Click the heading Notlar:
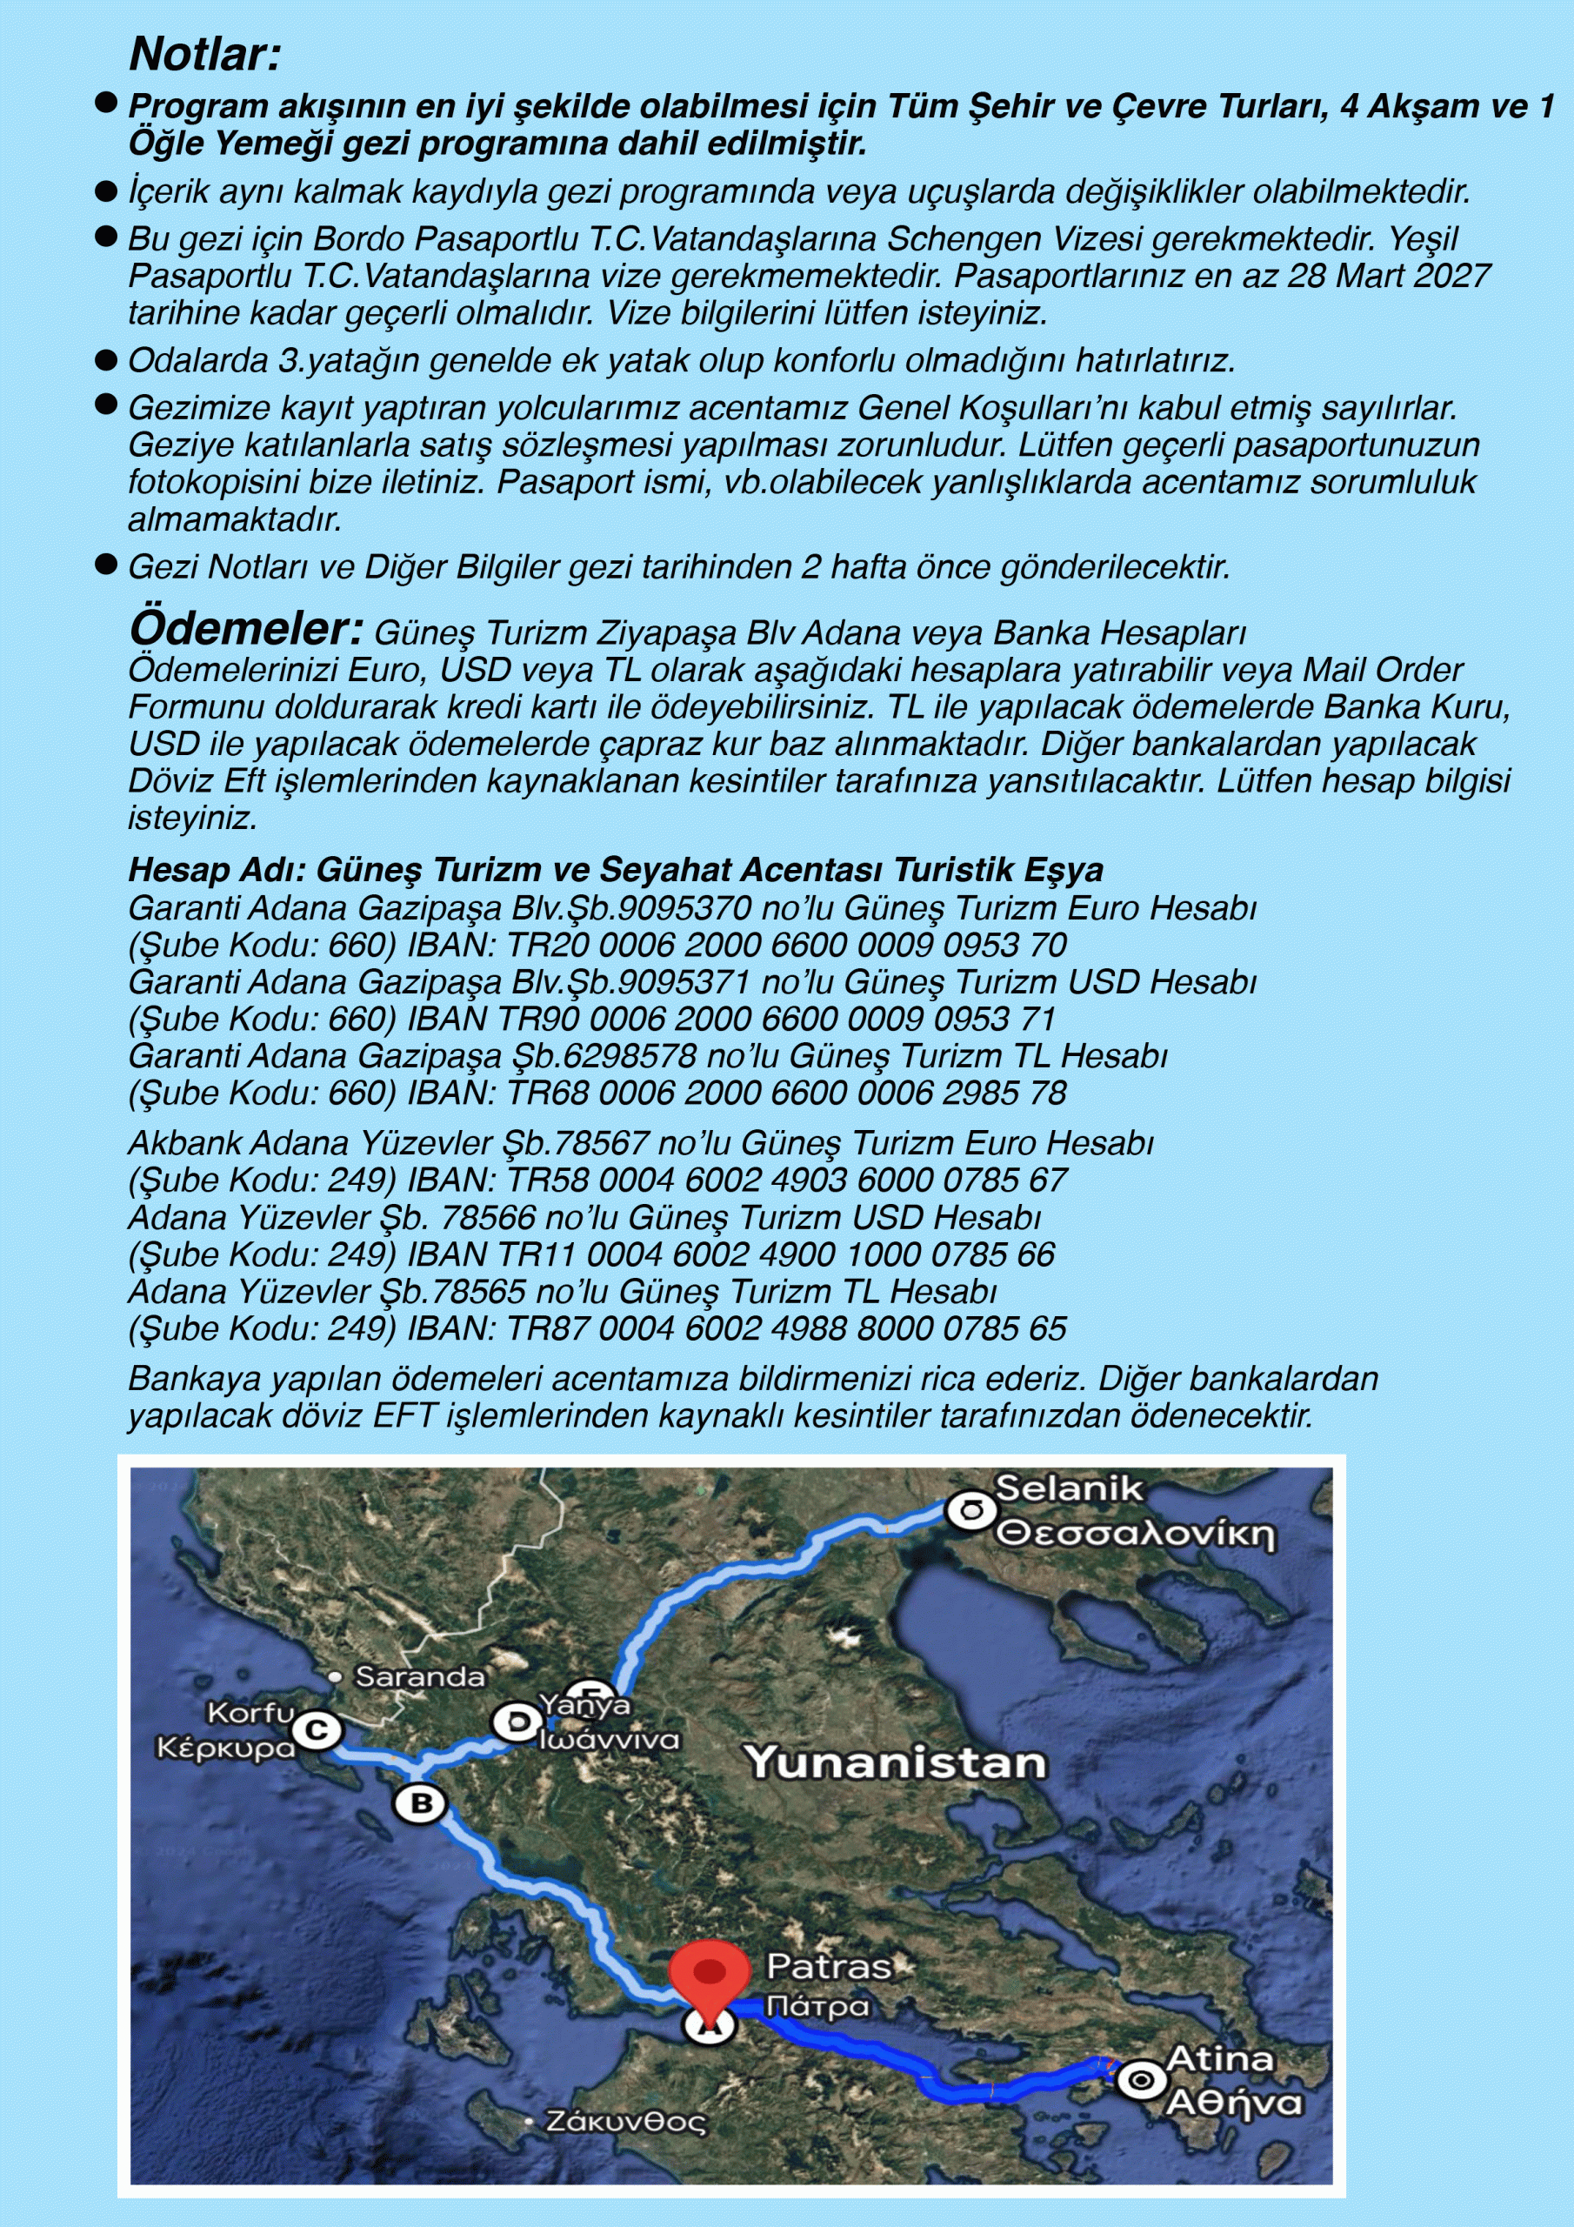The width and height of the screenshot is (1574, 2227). pyautogui.click(x=204, y=54)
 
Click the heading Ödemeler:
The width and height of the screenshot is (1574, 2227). pyautogui.click(x=245, y=630)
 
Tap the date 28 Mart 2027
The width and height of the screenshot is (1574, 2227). pyautogui.click(x=1389, y=277)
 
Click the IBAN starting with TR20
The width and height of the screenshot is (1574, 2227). pyautogui.click(x=786, y=946)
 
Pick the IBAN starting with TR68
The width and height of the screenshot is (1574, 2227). pyautogui.click(x=786, y=1093)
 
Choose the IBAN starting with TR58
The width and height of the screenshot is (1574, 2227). pyautogui.click(x=786, y=1180)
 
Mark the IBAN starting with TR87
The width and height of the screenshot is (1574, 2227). pyautogui.click(x=786, y=1329)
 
